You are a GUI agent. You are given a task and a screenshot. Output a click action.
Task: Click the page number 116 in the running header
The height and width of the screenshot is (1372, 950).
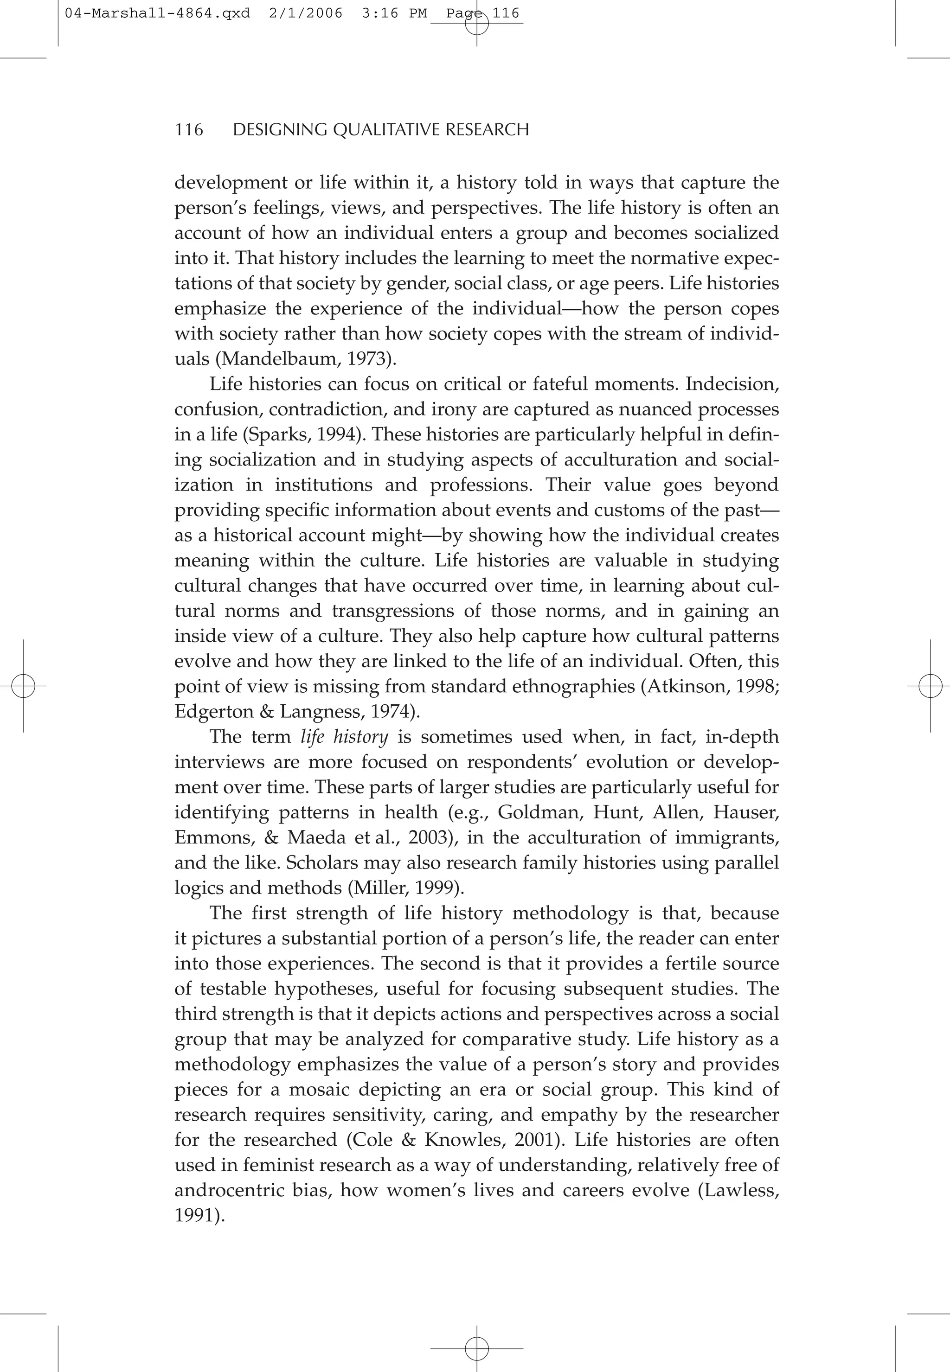pyautogui.click(x=189, y=130)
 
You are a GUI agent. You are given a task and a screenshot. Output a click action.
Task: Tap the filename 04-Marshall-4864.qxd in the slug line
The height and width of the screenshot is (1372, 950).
pyautogui.click(x=157, y=13)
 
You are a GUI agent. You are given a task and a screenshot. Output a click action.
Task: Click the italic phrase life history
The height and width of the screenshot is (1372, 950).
pyautogui.click(x=344, y=737)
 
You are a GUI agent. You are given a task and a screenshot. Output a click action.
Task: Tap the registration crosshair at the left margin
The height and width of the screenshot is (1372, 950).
pyautogui.click(x=23, y=687)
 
